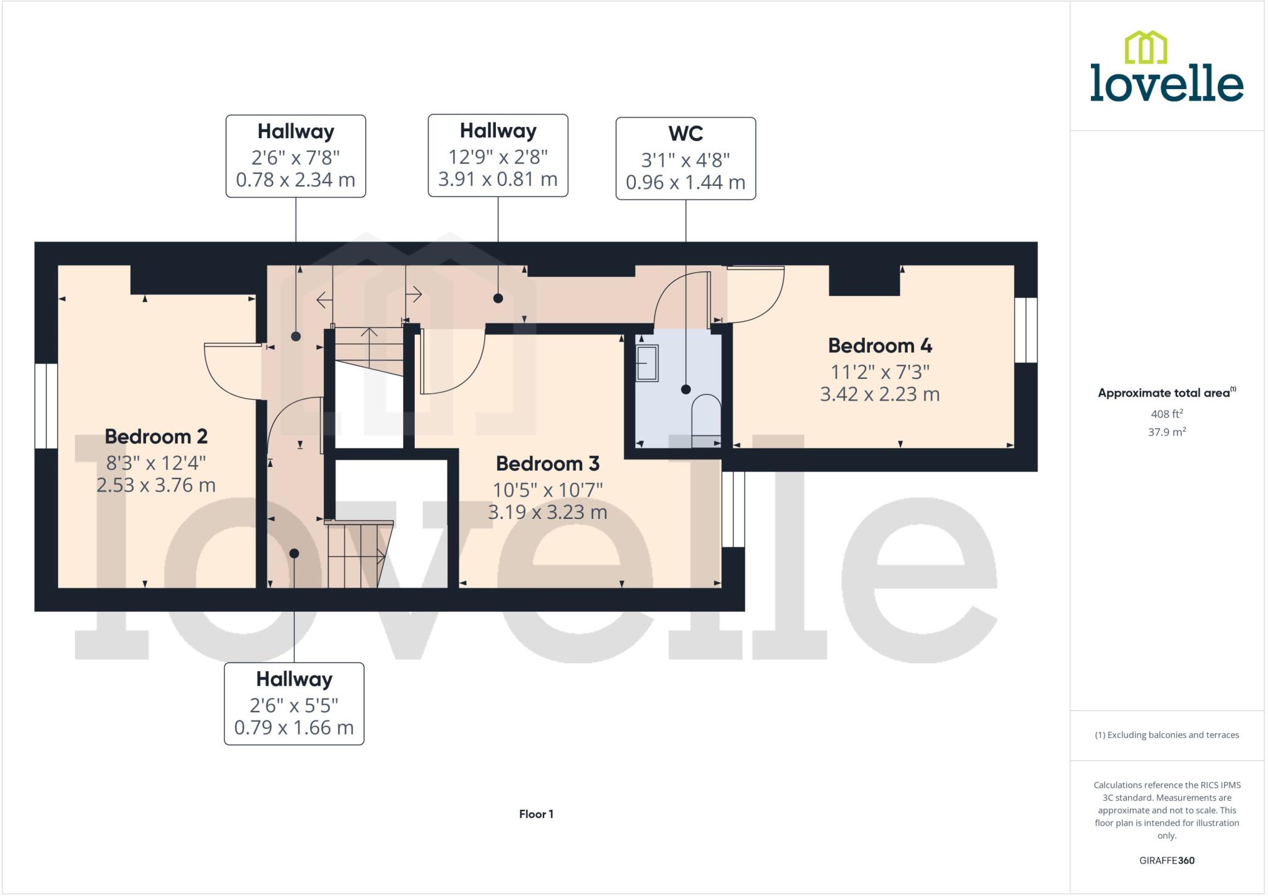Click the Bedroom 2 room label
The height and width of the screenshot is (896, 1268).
(x=156, y=437)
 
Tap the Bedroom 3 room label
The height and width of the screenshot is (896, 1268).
(x=547, y=464)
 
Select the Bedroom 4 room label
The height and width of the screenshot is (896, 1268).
(x=880, y=346)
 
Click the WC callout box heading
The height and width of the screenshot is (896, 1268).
(x=685, y=134)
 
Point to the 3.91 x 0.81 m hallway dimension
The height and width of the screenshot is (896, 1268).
(x=498, y=180)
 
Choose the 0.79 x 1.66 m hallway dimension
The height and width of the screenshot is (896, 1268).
(x=293, y=728)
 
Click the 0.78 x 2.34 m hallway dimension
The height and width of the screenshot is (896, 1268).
(x=295, y=180)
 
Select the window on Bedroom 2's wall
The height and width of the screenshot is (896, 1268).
(x=46, y=406)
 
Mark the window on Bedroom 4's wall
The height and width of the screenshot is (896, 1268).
(x=1025, y=330)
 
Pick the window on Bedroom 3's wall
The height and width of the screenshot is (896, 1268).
(x=733, y=510)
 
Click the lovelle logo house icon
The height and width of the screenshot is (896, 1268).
(x=1145, y=48)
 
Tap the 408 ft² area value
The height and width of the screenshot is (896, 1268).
(x=1166, y=414)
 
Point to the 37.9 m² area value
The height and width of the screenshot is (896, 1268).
(x=1166, y=432)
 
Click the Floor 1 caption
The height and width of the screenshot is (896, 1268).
(x=536, y=814)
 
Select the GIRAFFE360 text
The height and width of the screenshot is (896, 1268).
(x=1166, y=861)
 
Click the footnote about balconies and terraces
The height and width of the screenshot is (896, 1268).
(x=1166, y=735)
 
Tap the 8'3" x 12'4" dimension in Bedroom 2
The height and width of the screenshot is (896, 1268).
(x=156, y=463)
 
